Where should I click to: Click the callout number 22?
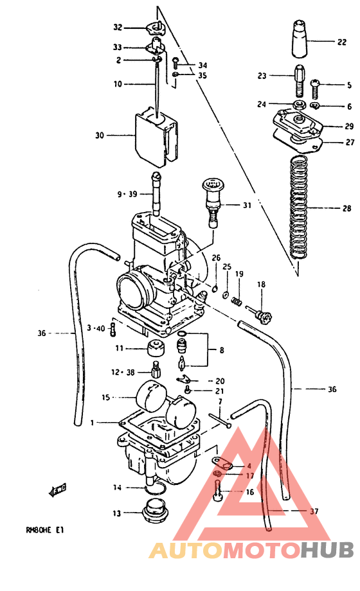tap(341, 43)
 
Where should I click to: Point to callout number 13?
tap(117, 513)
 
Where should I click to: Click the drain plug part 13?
tap(154, 514)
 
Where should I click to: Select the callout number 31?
tap(248, 206)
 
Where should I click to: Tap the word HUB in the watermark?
tap(327, 550)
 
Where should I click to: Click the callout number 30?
tap(99, 136)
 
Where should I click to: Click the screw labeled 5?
tap(317, 84)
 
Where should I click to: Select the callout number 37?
tap(314, 511)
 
